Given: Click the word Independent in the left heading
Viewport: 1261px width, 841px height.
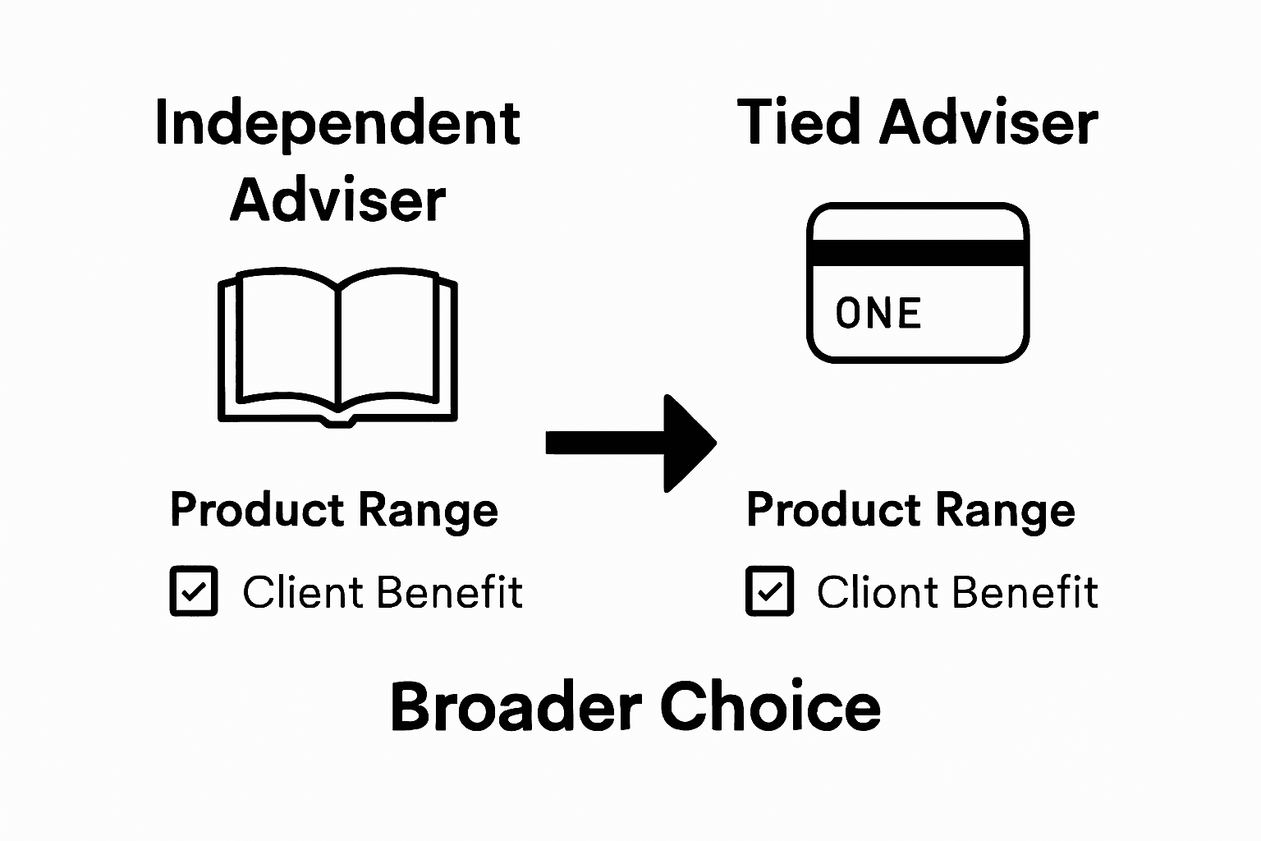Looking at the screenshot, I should [x=337, y=123].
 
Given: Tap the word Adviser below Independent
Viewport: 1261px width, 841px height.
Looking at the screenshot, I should [x=337, y=200].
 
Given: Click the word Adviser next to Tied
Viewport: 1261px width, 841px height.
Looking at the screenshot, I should [x=988, y=123].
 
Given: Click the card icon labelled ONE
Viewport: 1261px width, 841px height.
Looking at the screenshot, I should [x=917, y=283].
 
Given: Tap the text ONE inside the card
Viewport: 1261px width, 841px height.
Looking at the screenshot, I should [x=878, y=314].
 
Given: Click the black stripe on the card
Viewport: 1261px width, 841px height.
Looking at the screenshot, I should [x=917, y=253].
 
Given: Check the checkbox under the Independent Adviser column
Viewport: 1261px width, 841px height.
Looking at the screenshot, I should [x=194, y=591].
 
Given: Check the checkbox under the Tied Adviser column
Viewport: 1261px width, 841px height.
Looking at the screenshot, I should [x=769, y=591].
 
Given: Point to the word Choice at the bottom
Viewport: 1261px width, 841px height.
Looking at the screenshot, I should [x=770, y=707].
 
